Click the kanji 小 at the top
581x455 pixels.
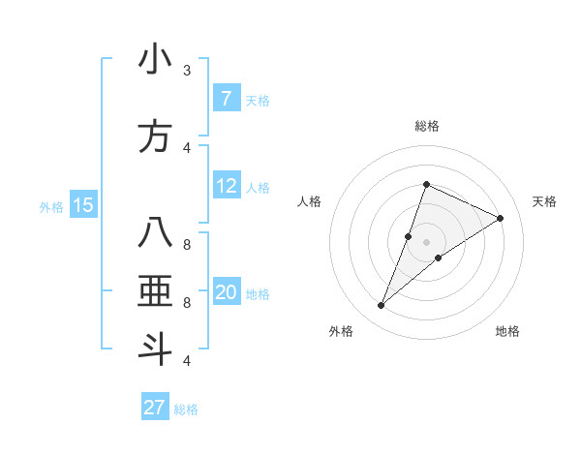155,60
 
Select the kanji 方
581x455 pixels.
155,136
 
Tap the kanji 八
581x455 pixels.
155,233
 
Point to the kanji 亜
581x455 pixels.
155,291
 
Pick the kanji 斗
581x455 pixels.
155,348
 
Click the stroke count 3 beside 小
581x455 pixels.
186,72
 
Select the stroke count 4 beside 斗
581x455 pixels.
186,361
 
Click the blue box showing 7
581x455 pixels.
226,98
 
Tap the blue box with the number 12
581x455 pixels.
226,186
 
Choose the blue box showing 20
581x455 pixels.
226,292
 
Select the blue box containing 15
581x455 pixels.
82,205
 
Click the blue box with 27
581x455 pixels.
155,408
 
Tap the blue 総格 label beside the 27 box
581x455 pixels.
186,409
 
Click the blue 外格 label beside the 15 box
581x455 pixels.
51,206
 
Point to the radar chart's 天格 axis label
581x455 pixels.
544,201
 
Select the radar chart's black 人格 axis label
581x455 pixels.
309,201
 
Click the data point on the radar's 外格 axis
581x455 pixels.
381,306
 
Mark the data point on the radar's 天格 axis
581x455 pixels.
500,218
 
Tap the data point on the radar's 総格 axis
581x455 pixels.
426,184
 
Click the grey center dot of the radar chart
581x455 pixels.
426,242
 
